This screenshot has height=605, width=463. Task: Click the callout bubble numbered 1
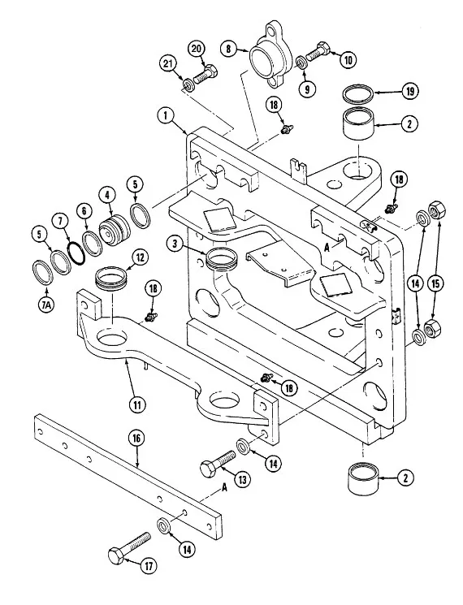pos(167,116)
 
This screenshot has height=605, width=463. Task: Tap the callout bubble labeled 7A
pos(46,305)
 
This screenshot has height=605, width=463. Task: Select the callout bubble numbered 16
pos(136,439)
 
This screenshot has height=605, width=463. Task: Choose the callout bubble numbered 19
pos(409,92)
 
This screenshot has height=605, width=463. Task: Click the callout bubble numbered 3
pos(176,245)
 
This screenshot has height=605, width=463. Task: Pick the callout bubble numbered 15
pos(435,284)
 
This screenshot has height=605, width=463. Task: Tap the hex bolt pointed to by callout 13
pos(218,462)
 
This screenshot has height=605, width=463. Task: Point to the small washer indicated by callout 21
pos(189,84)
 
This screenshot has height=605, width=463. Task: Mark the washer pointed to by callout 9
pos(302,62)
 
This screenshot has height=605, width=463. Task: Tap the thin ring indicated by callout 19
pos(359,93)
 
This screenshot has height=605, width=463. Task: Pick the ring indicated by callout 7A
pos(42,274)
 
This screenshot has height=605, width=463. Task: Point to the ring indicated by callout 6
pos(93,243)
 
